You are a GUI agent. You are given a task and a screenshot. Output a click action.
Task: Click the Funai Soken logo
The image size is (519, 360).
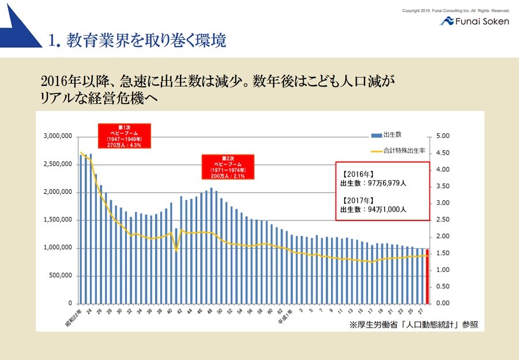(474, 21)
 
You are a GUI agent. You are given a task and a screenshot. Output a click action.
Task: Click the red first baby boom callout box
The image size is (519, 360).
(124, 136)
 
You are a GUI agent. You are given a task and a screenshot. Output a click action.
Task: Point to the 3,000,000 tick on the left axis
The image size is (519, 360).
(57, 136)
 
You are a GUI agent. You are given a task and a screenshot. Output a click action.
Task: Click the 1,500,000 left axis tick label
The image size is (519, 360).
(57, 220)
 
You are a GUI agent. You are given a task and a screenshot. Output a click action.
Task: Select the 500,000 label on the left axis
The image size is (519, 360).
(60, 276)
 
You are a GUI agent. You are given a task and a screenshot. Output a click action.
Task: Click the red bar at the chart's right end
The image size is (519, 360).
(427, 276)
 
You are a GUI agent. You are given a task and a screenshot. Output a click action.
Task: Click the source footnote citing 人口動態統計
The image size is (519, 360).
(413, 325)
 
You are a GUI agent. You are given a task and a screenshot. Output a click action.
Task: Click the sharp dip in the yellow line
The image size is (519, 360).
(176, 249)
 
